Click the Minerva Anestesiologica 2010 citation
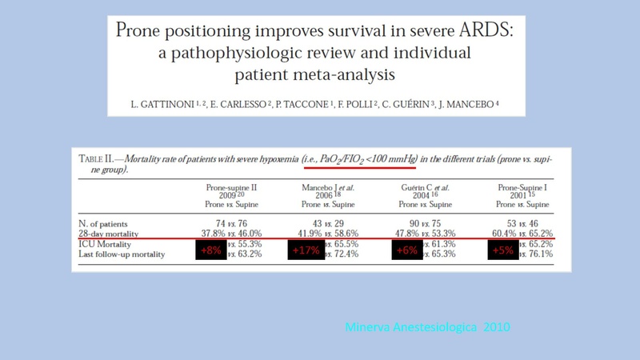421,327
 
